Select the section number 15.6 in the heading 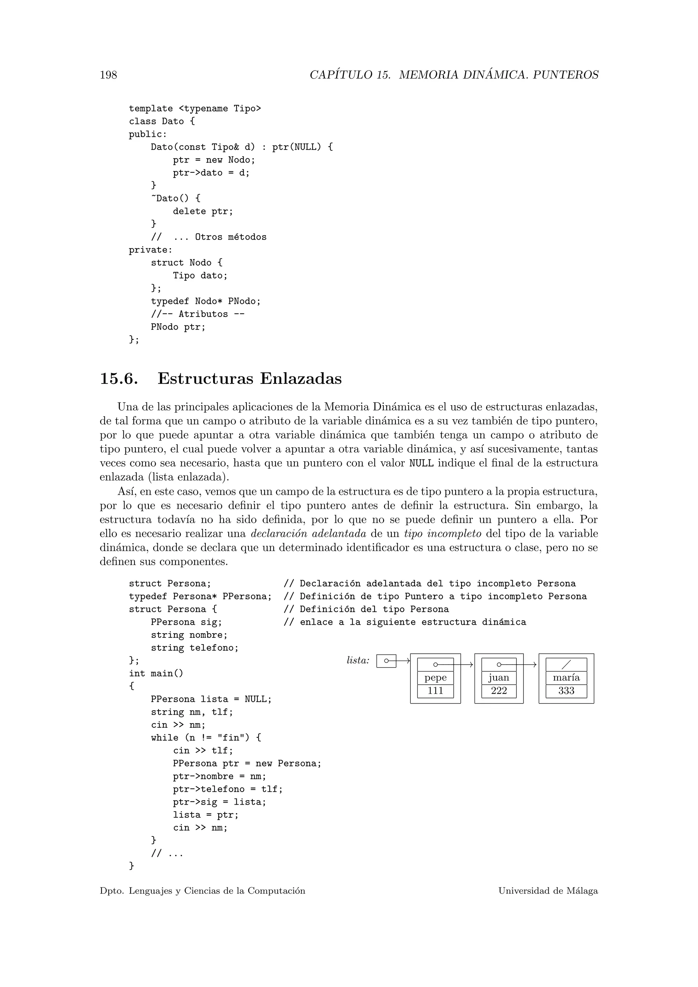click(x=119, y=379)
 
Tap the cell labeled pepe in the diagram click(x=435, y=678)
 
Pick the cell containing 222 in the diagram click(x=499, y=691)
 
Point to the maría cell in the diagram click(x=566, y=678)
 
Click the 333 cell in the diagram click(x=566, y=691)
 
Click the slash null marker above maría click(x=566, y=665)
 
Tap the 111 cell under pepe click(x=435, y=691)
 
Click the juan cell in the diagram click(x=499, y=678)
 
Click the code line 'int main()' click(x=156, y=673)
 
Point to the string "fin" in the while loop click(x=233, y=738)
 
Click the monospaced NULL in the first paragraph click(x=421, y=464)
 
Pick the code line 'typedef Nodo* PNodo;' click(x=206, y=301)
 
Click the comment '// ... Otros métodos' click(x=209, y=237)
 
